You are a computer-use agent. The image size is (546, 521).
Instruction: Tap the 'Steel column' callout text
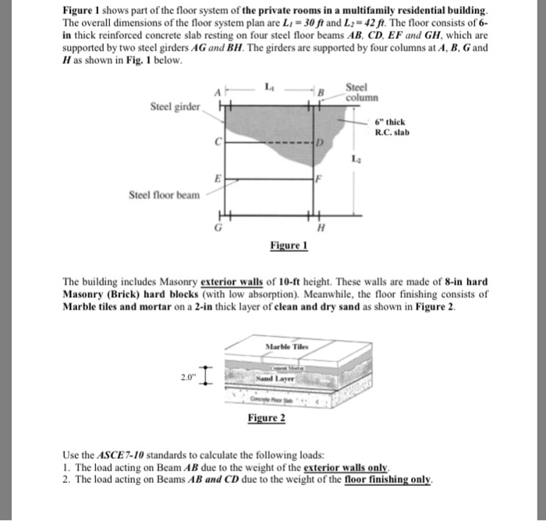point(362,94)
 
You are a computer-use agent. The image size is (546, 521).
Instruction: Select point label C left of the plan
point(221,142)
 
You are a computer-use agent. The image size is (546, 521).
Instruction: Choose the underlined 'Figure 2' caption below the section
point(266,418)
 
